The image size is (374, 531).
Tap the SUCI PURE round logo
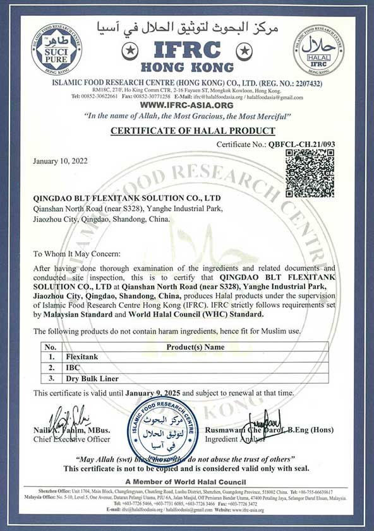pos(56,48)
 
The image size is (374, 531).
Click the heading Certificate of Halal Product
pos(193,131)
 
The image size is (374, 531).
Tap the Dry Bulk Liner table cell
pos(90,378)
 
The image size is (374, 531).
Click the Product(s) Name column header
pos(195,346)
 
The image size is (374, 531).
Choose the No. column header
pos(51,346)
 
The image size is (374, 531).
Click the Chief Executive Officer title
pos(73,440)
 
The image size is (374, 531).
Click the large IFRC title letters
pos(187,50)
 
